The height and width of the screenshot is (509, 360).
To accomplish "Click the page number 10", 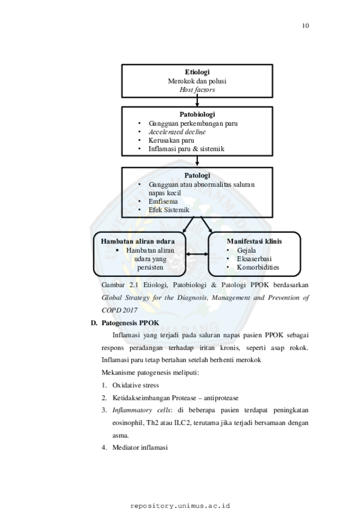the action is pos(305,26).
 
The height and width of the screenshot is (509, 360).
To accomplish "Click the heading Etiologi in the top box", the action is pos(197,72).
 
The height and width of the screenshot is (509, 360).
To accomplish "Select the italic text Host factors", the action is pos(197,90).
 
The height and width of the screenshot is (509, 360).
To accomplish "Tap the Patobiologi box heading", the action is pos(197,114).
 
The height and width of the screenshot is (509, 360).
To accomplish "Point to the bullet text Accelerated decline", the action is pos(177,132).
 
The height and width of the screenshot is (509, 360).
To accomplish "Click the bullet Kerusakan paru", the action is pos(171,140).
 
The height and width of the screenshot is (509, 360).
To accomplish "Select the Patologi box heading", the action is pos(197,175).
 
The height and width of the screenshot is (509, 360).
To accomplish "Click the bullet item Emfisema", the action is pos(163,201).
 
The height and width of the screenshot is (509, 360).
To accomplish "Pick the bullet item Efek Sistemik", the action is pos(169,210).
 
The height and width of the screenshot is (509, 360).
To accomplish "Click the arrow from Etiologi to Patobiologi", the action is pos(197,100).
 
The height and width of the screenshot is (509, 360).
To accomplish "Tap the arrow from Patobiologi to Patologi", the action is pos(197,161).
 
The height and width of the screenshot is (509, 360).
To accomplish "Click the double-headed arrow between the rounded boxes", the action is pos(197,254).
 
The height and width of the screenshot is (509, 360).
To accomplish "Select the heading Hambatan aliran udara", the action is pos(138,241).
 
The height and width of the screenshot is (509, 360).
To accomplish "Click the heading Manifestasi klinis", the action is pos(255,241).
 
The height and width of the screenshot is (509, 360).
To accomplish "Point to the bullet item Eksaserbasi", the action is pos(254,259).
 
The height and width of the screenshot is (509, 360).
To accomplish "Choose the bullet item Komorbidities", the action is pos(258,267).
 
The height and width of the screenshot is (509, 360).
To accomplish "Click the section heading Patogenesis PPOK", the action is pos(131,323).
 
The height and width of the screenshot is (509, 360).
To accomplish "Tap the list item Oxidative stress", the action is pos(136,385).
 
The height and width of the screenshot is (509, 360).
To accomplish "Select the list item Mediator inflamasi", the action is pos(140,448).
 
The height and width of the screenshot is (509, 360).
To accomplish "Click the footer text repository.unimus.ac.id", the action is pos(180,506).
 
